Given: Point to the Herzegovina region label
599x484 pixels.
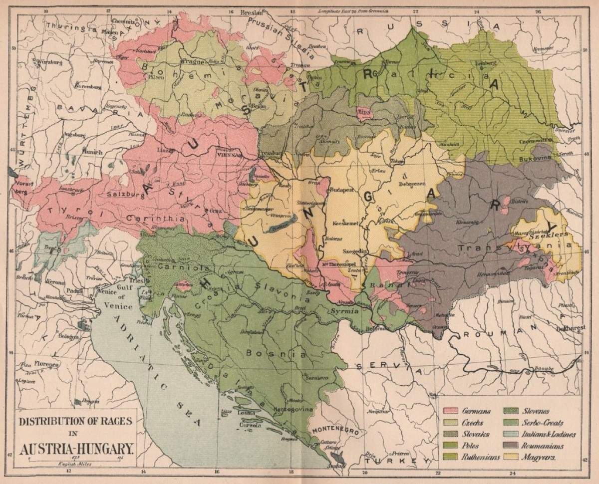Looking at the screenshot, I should tap(293, 409).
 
